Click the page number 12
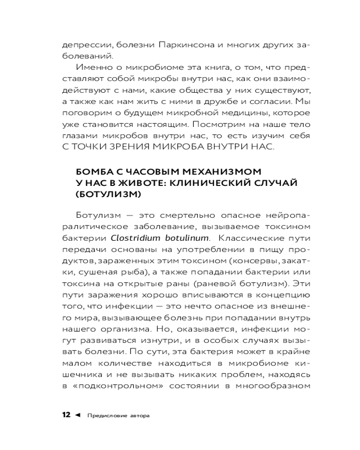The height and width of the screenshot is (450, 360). (66, 415)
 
